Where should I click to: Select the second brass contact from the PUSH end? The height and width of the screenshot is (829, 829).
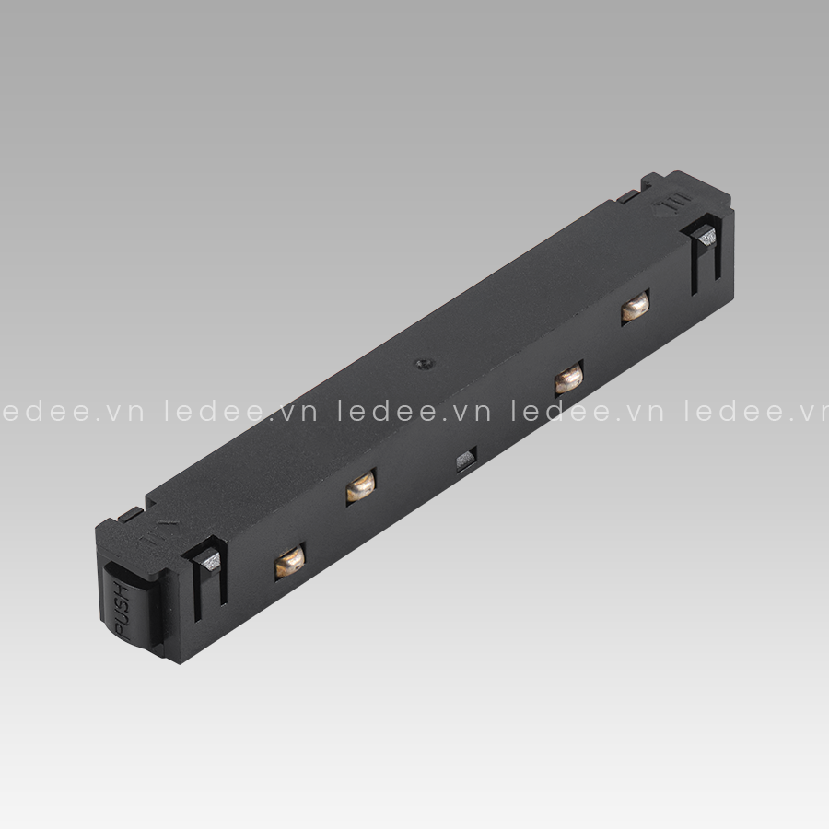pyautogui.click(x=360, y=487)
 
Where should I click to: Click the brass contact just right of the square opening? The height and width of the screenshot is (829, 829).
pyautogui.click(x=568, y=378)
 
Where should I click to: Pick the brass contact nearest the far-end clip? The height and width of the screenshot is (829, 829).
pyautogui.click(x=635, y=308)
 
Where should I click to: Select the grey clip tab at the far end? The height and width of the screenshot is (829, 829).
pyautogui.click(x=707, y=239)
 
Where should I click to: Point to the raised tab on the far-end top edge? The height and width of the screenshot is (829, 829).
pyautogui.click(x=628, y=195)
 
